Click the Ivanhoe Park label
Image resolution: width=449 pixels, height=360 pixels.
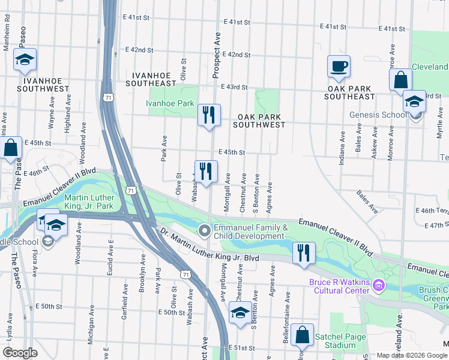click(x=170, y=103)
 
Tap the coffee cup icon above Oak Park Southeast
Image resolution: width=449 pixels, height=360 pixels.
click(x=339, y=66)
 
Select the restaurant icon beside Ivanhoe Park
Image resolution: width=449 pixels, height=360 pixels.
click(x=209, y=115)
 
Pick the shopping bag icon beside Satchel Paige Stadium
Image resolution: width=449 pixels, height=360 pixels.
click(x=304, y=335)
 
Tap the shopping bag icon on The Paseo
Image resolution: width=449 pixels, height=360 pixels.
click(x=10, y=148)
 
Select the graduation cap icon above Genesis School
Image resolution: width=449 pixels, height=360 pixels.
click(x=414, y=101)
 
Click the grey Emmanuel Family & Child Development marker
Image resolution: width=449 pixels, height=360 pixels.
click(x=205, y=230)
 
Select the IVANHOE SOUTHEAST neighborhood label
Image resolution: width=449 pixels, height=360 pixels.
click(x=151, y=79)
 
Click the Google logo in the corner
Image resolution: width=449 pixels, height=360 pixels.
click(x=20, y=352)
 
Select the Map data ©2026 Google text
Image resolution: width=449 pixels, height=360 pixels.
click(x=412, y=355)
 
